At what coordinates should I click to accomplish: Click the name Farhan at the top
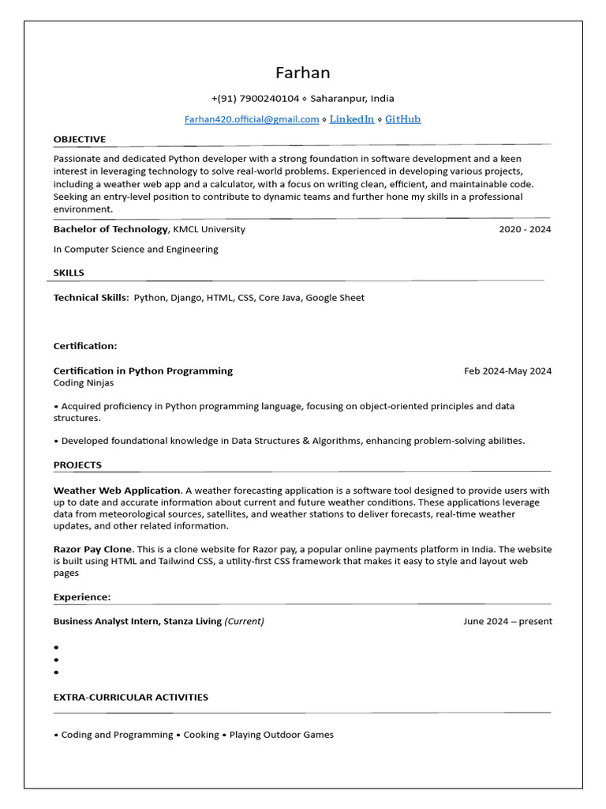click(302, 73)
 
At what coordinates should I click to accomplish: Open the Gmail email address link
click(252, 119)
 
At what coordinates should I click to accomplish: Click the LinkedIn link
click(351, 119)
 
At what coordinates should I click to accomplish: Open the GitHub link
click(402, 119)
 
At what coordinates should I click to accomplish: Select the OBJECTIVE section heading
click(79, 139)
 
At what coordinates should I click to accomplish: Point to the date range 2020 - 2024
click(525, 229)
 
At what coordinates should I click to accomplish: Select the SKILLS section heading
click(69, 273)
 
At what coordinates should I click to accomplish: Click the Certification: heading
click(85, 346)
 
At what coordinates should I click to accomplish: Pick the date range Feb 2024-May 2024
click(507, 371)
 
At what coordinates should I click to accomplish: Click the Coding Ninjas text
click(84, 383)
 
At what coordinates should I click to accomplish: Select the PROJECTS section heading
click(77, 465)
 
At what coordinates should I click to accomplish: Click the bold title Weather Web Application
click(117, 491)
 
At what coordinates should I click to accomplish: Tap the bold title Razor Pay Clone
click(92, 549)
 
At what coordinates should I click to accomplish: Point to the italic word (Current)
click(244, 621)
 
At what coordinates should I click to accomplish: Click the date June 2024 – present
click(507, 621)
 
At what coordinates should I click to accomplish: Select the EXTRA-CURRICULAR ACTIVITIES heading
click(130, 697)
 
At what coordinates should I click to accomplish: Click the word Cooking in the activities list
click(201, 735)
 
